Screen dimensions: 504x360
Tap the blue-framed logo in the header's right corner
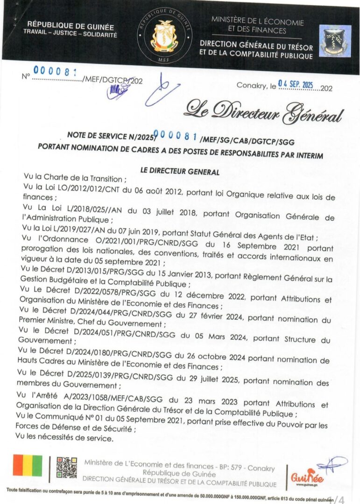(335, 41)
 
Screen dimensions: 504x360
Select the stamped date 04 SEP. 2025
(295, 84)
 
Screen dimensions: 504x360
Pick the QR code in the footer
(67, 468)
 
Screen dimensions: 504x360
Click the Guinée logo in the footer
(307, 477)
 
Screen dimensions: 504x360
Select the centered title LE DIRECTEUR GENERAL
(180, 171)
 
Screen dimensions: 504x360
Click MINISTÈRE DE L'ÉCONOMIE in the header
(258, 22)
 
